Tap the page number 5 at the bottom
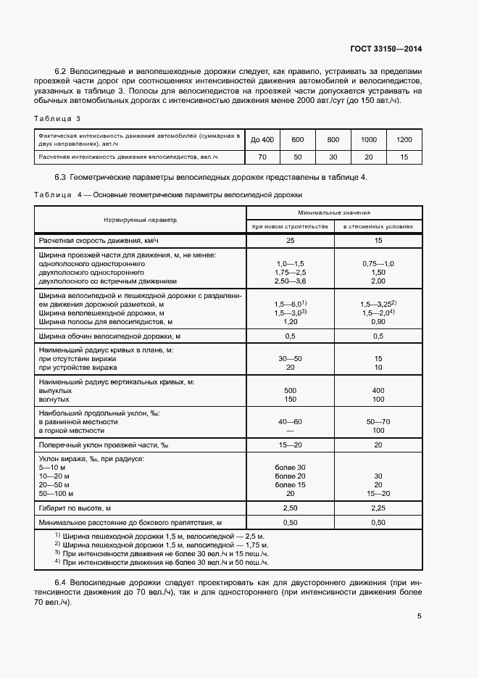420,617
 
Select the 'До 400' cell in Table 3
262,139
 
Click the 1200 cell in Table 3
404,139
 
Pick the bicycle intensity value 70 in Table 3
262,157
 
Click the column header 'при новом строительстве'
290,226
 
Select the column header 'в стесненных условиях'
378,226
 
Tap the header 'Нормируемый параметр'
140,219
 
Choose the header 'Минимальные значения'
334,212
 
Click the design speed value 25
290,239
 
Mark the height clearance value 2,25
377,508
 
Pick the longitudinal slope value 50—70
378,421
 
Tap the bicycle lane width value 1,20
290,321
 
